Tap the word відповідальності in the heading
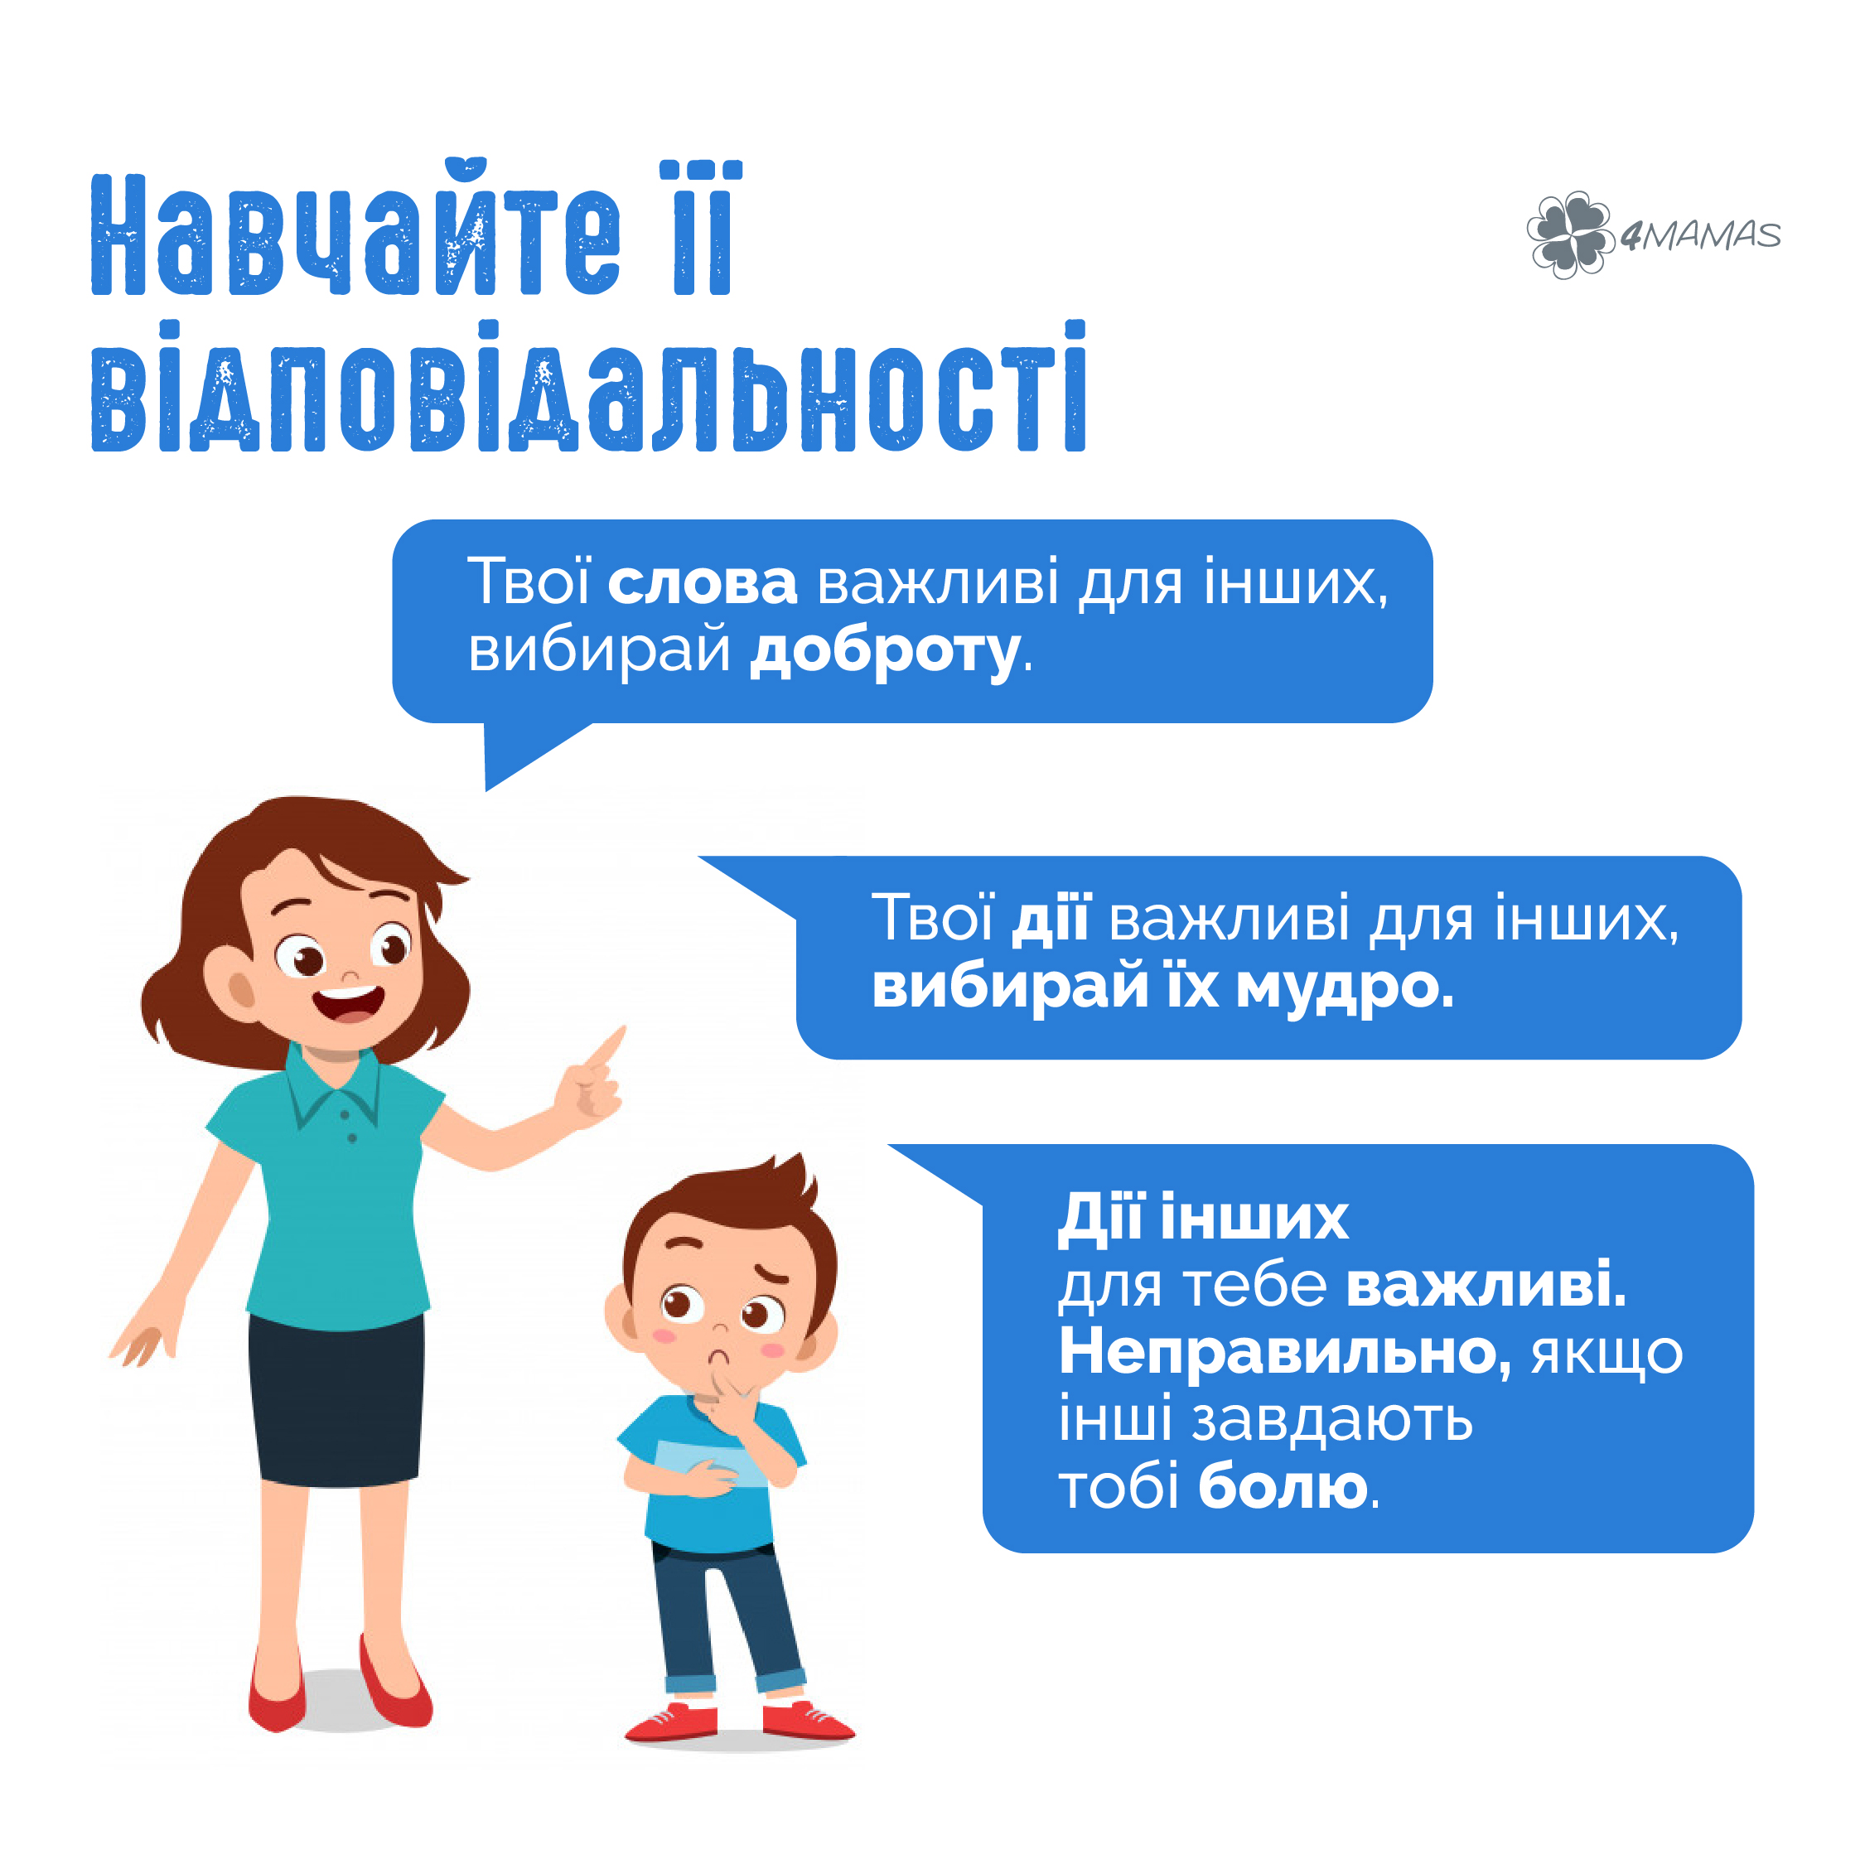pyautogui.click(x=589, y=386)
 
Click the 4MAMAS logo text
pyautogui.click(x=1700, y=234)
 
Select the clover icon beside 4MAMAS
pyautogui.click(x=1569, y=234)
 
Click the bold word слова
pyautogui.click(x=702, y=583)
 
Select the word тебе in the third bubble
pyautogui.click(x=1255, y=1286)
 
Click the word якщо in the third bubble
pyautogui.click(x=1607, y=1355)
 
